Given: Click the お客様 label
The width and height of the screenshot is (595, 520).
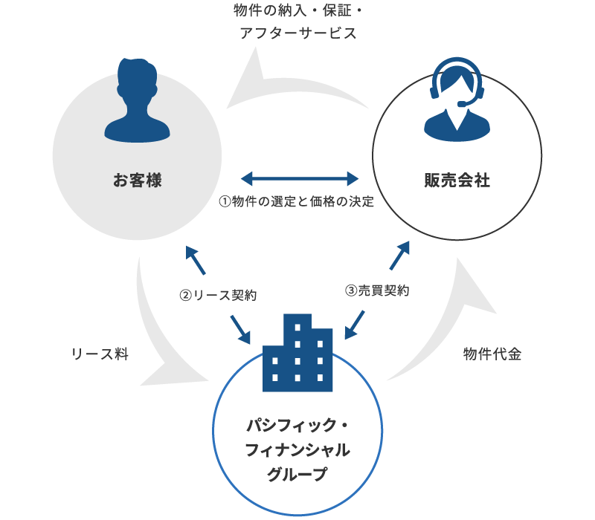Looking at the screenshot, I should tap(137, 180).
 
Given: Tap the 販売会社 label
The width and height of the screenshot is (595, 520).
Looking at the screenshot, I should tap(457, 180).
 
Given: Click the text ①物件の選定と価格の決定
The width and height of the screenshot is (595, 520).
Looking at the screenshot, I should tap(296, 201).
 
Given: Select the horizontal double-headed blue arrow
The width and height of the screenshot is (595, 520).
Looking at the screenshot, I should tap(300, 178).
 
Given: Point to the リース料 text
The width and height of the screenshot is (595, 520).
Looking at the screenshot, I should tap(100, 354).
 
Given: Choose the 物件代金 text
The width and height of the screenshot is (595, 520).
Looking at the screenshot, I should tap(492, 354).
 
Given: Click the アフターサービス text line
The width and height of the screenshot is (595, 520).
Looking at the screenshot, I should tap(297, 34).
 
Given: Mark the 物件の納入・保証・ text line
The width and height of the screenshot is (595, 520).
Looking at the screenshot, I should tap(297, 10).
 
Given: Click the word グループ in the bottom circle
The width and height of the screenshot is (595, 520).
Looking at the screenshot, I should tap(297, 474).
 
